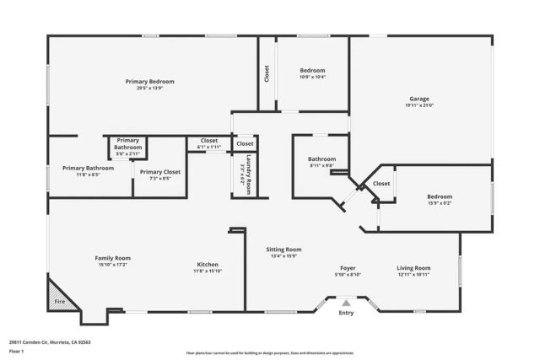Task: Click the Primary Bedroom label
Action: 149,81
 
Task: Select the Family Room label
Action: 111,257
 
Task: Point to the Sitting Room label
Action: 283,250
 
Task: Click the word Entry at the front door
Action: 346,313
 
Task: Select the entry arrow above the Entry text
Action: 346,301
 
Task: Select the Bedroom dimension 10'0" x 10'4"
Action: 312,78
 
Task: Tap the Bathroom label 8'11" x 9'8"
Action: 321,165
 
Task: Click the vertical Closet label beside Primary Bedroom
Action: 267,74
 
